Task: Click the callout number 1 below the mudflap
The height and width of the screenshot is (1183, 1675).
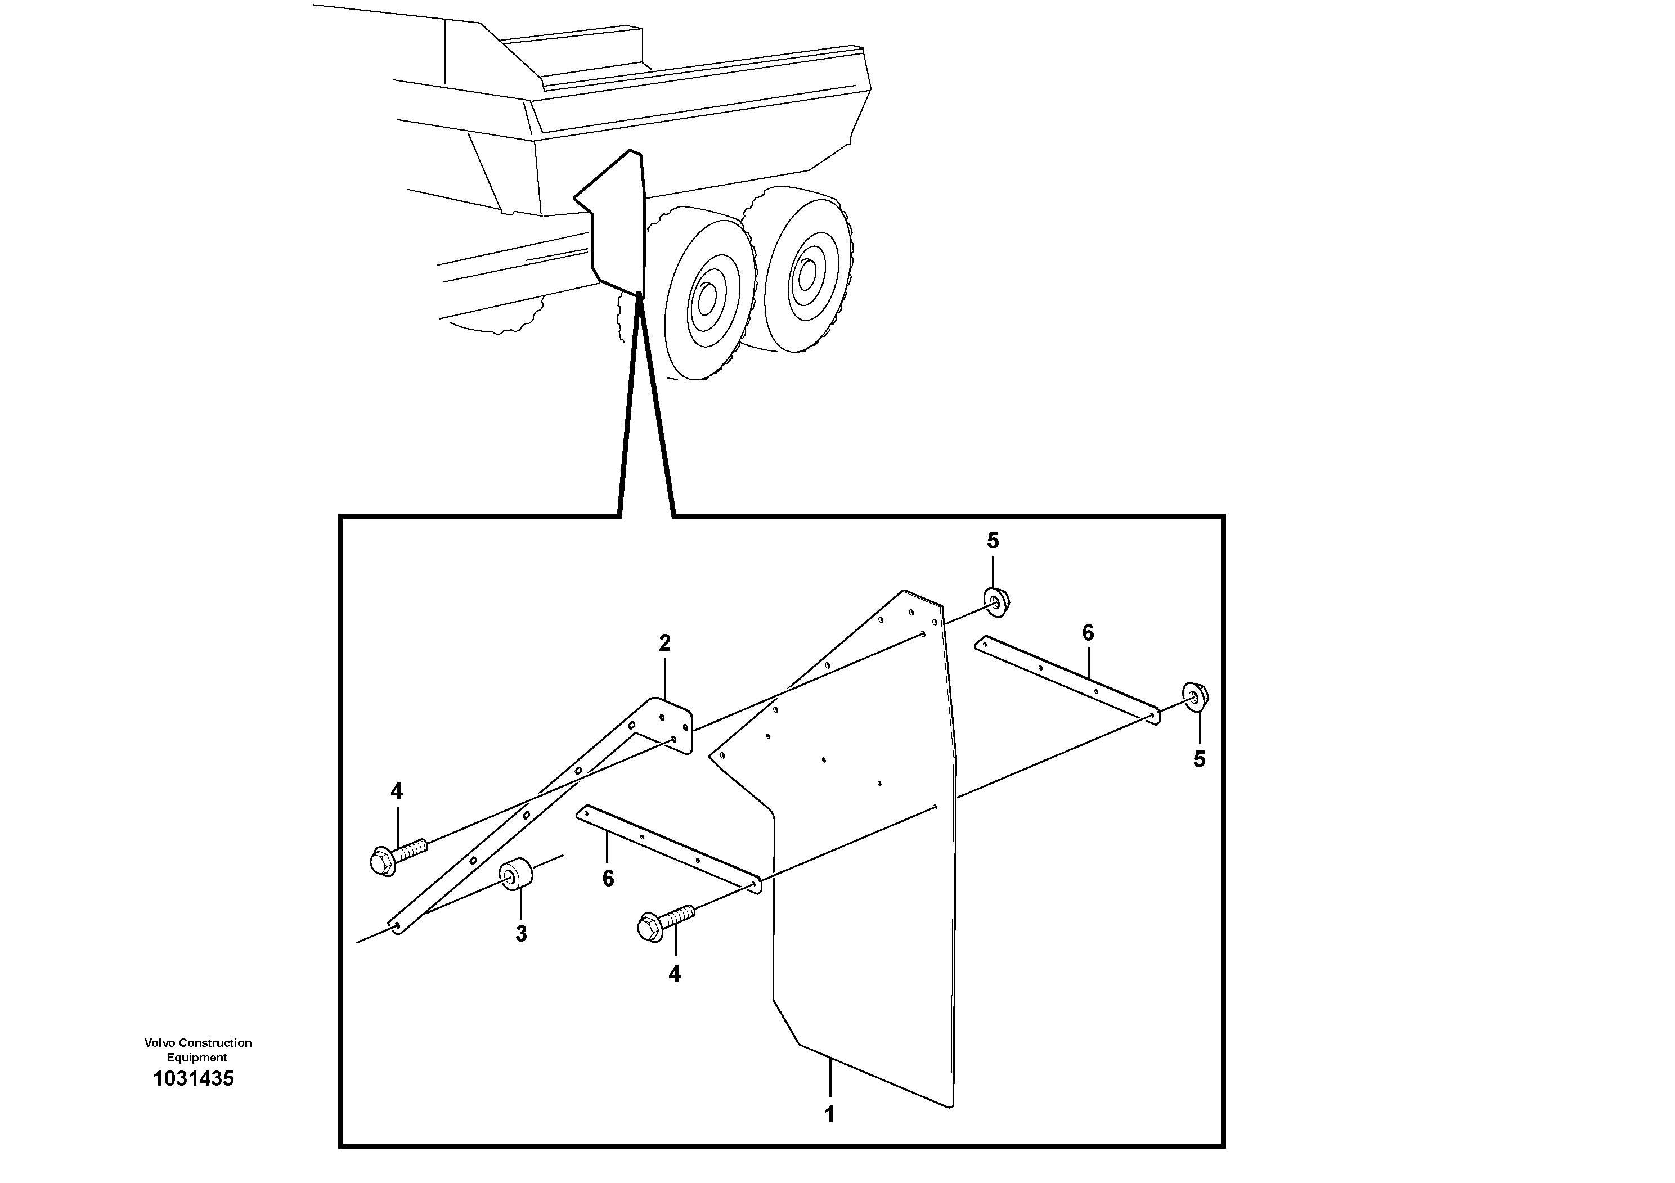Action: click(829, 1114)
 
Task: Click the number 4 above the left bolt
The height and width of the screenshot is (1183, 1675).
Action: click(396, 790)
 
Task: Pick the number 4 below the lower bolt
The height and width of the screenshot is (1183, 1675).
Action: click(674, 974)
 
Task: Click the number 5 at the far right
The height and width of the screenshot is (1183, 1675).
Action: click(1200, 759)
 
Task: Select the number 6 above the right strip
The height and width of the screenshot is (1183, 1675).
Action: click(1088, 633)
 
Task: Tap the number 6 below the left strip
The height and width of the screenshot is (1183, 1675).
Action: click(608, 879)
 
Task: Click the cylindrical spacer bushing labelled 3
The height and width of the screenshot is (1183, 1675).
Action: click(515, 875)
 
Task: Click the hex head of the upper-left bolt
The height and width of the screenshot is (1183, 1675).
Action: click(382, 861)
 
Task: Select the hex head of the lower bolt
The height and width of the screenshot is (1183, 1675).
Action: click(649, 928)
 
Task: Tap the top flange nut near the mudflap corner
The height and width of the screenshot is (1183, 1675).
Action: click(996, 601)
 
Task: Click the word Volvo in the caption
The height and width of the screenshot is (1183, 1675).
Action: click(160, 1043)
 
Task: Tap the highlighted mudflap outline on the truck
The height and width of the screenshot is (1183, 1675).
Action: click(617, 222)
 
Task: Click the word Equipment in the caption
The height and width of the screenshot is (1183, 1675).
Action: click(196, 1058)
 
